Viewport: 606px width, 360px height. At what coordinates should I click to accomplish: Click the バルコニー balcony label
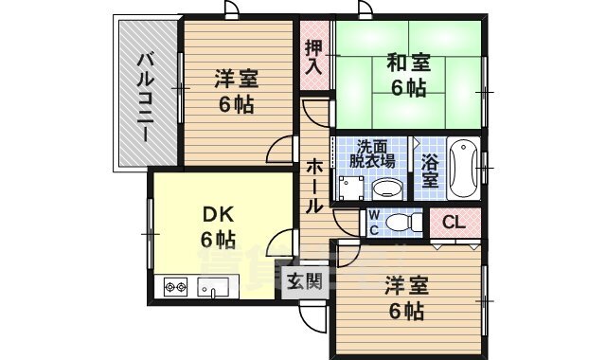[x=145, y=95]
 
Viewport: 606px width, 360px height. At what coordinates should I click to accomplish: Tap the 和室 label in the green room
[x=408, y=64]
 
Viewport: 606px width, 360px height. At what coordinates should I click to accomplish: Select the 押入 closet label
[x=313, y=59]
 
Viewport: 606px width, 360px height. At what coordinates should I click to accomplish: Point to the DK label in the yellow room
[x=218, y=212]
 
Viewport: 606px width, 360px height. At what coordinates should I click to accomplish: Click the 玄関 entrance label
[x=304, y=281]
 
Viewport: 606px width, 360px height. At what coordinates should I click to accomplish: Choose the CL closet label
[x=454, y=224]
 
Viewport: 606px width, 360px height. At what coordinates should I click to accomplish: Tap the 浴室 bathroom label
[x=430, y=171]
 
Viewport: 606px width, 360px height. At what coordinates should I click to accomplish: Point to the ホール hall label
[x=314, y=185]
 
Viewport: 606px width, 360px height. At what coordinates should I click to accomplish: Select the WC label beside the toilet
[x=374, y=223]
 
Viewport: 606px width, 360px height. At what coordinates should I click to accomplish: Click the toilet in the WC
[x=405, y=223]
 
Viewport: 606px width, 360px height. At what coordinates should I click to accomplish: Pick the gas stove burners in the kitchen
[x=176, y=284]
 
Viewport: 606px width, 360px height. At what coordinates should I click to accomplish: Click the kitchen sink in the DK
[x=210, y=285]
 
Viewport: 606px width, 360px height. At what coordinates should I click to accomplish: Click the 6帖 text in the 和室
[x=408, y=89]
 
